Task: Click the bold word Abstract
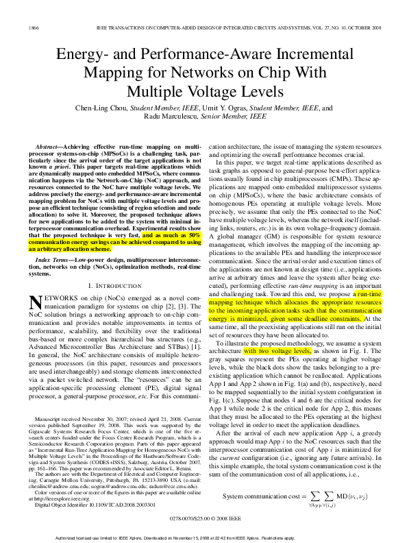pos(51,147)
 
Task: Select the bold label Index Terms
pos(56,261)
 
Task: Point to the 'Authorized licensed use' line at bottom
pos(203,536)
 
